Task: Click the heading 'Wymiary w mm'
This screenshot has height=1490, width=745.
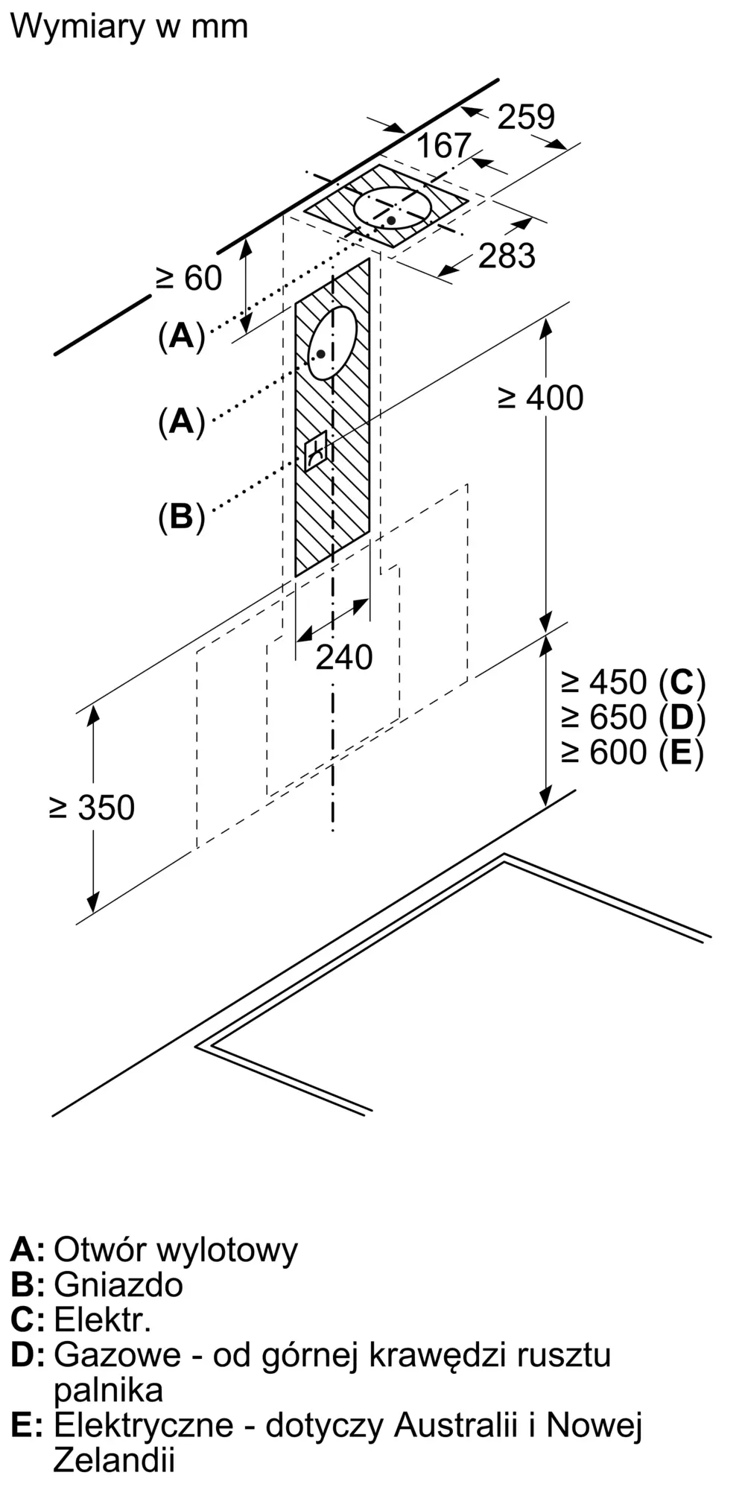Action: pos(129,27)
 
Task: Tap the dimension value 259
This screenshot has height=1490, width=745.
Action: pos(526,117)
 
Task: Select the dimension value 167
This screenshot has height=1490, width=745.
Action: pos(444,146)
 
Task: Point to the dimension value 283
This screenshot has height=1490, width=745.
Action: pos(507,256)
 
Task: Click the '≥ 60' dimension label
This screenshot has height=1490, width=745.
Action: pos(188,279)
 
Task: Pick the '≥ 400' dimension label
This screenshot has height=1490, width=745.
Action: pos(540,398)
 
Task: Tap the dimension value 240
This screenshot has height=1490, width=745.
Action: pos(343,657)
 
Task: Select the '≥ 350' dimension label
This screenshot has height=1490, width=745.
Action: pos(92,808)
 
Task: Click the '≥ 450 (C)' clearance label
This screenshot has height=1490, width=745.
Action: pos(633,682)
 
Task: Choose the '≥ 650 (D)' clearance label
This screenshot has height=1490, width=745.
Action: pos(633,717)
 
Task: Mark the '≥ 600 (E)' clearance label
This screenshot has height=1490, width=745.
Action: pos(633,752)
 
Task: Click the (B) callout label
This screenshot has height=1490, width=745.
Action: pos(181,516)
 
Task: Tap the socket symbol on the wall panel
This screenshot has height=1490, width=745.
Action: pos(315,450)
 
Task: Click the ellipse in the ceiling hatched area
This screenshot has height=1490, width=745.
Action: pos(393,207)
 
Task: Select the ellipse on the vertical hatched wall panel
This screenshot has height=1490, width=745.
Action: pos(332,343)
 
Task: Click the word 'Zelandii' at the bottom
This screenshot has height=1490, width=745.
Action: pos(114,1460)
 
